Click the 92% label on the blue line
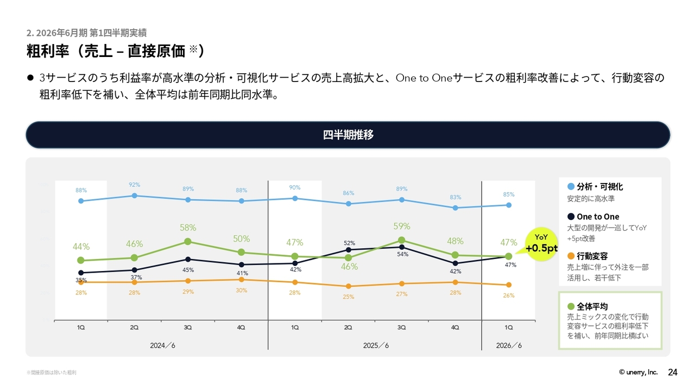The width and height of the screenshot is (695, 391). click(135, 185)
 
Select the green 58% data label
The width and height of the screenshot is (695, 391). click(188, 228)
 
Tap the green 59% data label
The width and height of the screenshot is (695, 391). click(402, 226)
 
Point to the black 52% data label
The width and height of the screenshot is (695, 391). click(349, 243)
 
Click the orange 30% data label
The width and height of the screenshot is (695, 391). click(242, 291)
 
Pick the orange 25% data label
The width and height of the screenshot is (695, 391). click(349, 297)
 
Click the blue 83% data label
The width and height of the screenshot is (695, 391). click(456, 197)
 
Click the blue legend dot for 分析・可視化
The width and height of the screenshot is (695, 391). click(570, 186)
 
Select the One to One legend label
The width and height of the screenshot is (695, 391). click(598, 217)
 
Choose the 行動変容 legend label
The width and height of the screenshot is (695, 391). click(592, 256)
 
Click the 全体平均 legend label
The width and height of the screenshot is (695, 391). click(592, 306)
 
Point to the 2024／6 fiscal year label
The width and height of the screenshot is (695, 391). click(162, 346)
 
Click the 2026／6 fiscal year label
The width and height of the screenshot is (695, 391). click(509, 346)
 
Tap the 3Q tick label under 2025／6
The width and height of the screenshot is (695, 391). click(402, 328)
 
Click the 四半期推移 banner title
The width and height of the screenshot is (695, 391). click(348, 135)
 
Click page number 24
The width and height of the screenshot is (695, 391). click(672, 373)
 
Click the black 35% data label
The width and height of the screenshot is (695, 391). click(81, 280)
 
